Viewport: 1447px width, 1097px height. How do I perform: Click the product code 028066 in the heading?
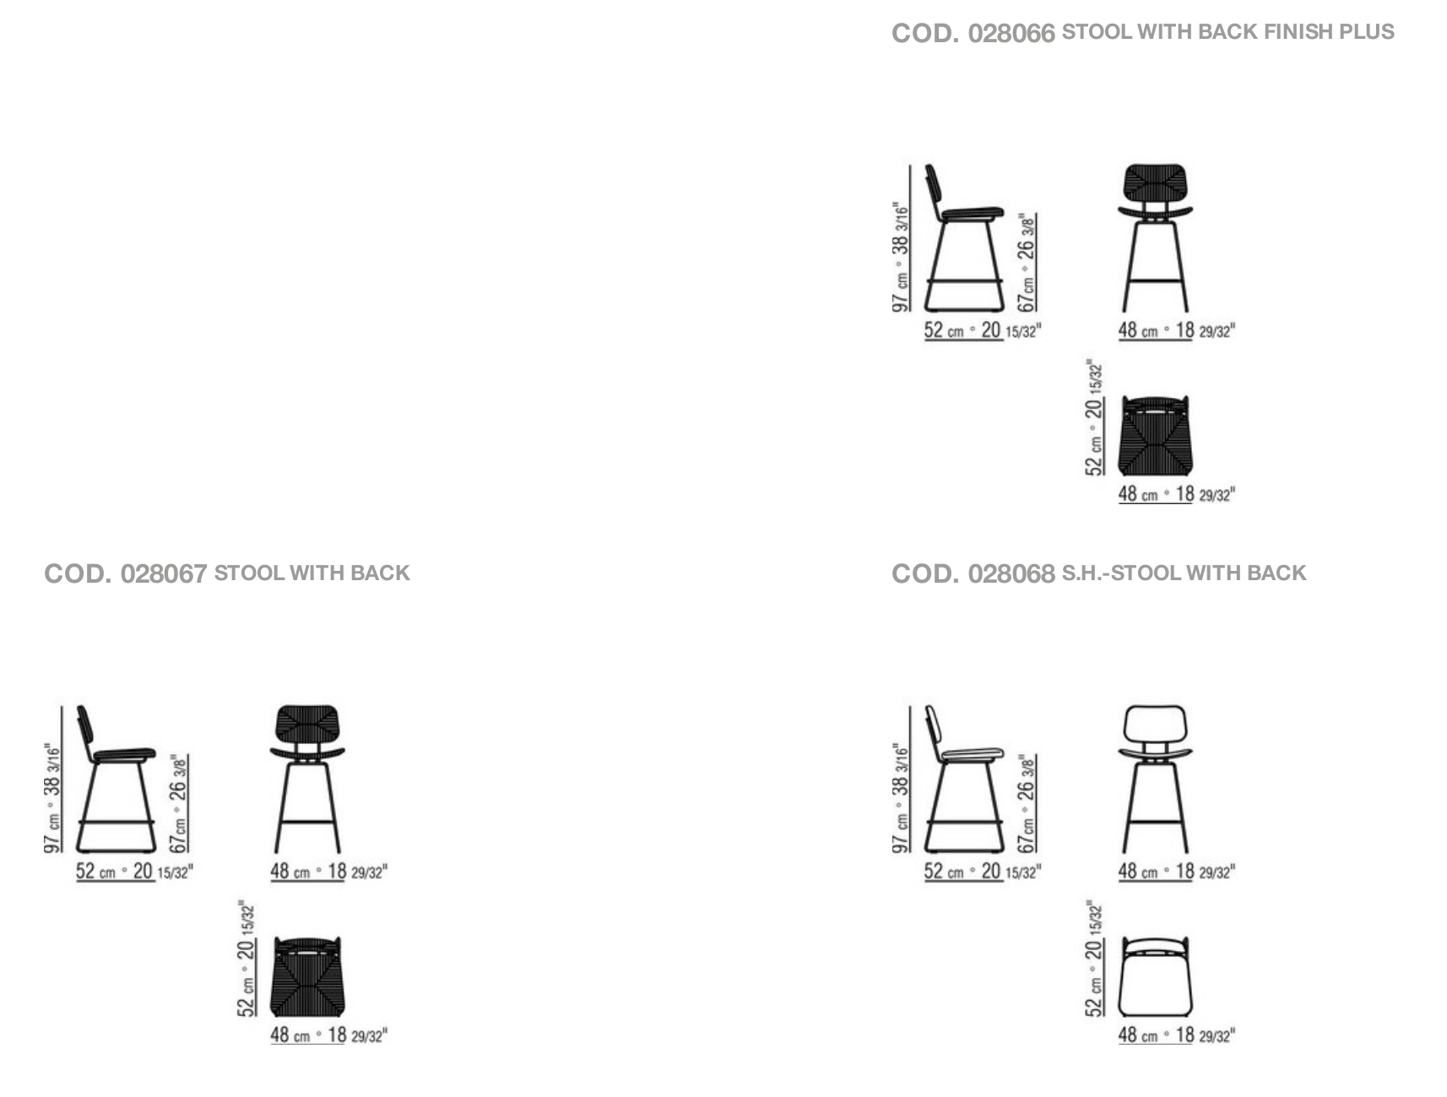(x=1011, y=33)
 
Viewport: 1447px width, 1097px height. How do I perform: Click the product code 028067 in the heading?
(x=164, y=574)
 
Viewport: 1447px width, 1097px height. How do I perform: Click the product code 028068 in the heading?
(x=1011, y=574)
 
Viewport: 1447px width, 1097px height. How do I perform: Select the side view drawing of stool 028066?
(x=963, y=238)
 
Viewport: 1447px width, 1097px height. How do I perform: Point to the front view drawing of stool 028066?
(x=1156, y=238)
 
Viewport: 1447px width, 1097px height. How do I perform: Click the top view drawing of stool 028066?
(x=1156, y=436)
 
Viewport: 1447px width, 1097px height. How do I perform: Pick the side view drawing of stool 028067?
(x=116, y=779)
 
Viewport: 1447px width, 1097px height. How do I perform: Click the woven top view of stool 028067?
(x=308, y=977)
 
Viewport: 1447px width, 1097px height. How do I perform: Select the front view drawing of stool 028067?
(x=308, y=779)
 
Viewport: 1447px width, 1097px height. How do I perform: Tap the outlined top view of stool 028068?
(x=1156, y=977)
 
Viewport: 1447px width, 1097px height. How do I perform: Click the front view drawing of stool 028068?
(x=1156, y=779)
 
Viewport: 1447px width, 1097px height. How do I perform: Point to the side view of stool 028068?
(x=963, y=779)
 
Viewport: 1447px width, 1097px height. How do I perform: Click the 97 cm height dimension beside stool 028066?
(x=902, y=258)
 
